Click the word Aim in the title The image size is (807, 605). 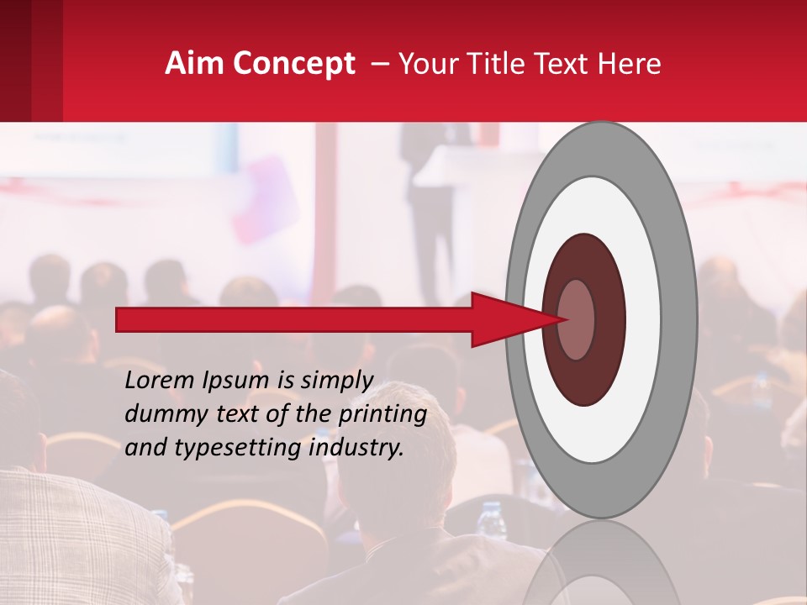tap(195, 64)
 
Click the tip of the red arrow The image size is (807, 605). tap(565, 319)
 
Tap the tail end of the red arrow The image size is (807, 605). tap(119, 319)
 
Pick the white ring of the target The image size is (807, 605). tap(643, 319)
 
